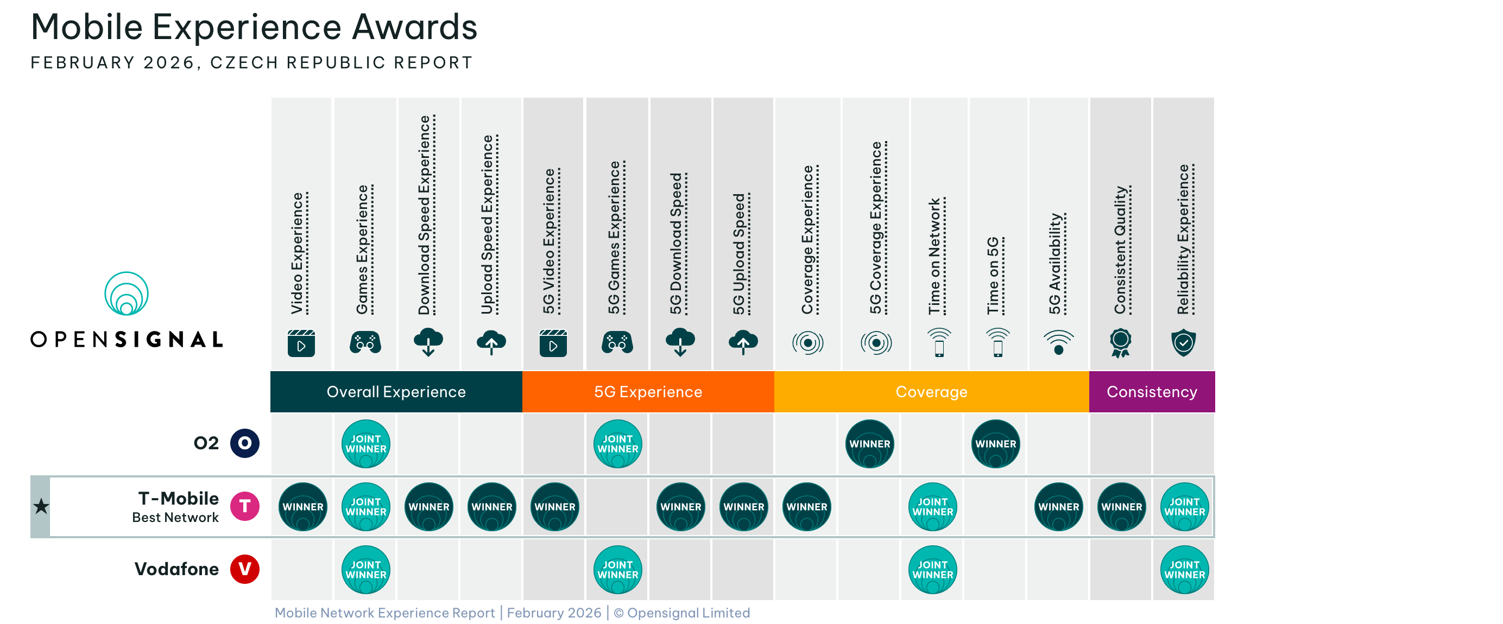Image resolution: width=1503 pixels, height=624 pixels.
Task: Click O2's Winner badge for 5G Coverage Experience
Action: (x=869, y=443)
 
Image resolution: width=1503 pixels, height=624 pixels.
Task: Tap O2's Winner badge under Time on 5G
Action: (x=995, y=443)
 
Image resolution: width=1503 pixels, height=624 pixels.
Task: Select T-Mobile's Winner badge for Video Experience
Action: (x=303, y=506)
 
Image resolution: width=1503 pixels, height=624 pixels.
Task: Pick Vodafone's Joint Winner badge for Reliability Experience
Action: (x=1184, y=569)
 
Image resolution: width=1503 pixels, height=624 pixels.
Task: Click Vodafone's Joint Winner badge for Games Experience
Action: (x=366, y=569)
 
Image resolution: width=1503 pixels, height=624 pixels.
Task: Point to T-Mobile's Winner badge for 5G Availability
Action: (x=1058, y=506)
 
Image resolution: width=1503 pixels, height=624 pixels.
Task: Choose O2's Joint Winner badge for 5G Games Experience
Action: (x=618, y=443)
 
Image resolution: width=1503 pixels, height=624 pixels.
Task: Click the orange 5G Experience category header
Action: (x=648, y=391)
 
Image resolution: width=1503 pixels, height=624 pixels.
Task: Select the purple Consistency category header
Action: (x=1152, y=391)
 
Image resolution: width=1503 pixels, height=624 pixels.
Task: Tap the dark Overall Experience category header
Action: (x=396, y=391)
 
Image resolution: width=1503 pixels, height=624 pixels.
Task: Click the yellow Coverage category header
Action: (x=931, y=391)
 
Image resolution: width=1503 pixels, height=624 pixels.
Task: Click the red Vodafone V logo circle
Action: (x=244, y=569)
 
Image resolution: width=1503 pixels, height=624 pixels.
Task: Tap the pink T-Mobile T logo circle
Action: (x=244, y=506)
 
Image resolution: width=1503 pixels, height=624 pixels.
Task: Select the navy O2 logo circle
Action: (x=244, y=443)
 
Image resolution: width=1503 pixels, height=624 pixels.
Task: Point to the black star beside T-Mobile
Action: (x=41, y=506)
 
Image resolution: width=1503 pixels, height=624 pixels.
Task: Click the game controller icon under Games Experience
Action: (x=365, y=342)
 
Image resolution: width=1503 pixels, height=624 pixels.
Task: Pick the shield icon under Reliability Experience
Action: (x=1183, y=342)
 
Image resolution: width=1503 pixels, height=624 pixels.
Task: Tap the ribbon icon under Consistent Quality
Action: (x=1120, y=342)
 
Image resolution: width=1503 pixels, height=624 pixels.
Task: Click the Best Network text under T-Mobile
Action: (x=175, y=517)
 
